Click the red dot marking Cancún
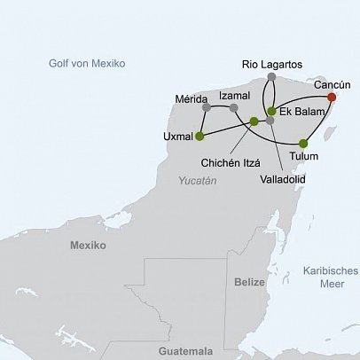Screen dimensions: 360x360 pos(332,97)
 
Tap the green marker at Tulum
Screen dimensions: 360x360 pos(303,143)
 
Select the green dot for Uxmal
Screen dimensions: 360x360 pos(200,136)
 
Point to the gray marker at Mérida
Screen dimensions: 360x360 pos(206,108)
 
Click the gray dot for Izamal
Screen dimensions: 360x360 pos(233,108)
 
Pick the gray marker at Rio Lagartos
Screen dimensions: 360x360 pos(271,77)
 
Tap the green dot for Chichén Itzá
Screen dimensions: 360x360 pos(254,121)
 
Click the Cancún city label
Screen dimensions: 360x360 pos(333,84)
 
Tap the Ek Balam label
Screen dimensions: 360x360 pos(299,112)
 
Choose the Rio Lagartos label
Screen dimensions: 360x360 pos(272,64)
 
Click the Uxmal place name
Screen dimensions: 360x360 pos(177,137)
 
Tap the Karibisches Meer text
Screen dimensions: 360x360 pos(329,277)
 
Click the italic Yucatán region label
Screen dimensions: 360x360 pos(197,180)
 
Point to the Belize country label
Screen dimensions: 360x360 pos(249,281)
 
